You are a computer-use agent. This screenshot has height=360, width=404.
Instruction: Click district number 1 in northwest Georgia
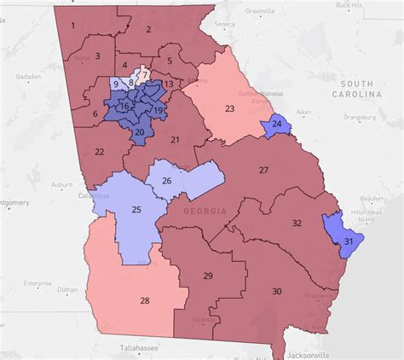73,24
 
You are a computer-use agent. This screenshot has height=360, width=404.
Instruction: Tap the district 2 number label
148,29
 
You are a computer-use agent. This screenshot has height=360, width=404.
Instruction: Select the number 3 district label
98,56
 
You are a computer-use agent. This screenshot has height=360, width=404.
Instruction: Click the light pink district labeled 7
146,74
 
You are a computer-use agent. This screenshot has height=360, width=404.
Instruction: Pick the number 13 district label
169,84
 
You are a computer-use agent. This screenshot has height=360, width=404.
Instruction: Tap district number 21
176,139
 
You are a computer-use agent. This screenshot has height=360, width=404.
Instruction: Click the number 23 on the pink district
229,108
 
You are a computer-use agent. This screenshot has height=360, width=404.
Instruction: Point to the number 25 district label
136,209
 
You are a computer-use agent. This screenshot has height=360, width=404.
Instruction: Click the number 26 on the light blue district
167,180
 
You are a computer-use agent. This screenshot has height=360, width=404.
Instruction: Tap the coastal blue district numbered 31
349,242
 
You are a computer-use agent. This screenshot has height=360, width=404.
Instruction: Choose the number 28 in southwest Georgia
144,300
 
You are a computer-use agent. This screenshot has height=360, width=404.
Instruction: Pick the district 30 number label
276,292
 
